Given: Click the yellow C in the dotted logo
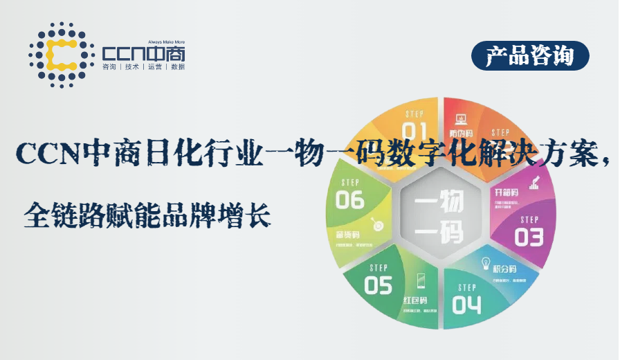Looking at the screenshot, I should [x=62, y=55].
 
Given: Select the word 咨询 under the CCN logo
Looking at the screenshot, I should [x=109, y=67].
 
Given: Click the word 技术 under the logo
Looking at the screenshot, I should [x=131, y=67].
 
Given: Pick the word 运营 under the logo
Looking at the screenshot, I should [x=154, y=67].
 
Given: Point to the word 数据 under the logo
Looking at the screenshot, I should [x=177, y=67].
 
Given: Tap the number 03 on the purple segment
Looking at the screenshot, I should [x=529, y=237].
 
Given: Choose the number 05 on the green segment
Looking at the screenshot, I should [x=378, y=285].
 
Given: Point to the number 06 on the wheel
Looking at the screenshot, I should [x=350, y=200].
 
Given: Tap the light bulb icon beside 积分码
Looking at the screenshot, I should [x=486, y=266].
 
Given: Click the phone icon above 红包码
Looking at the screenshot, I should [x=421, y=280].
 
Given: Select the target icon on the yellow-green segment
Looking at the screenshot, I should [x=378, y=224].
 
